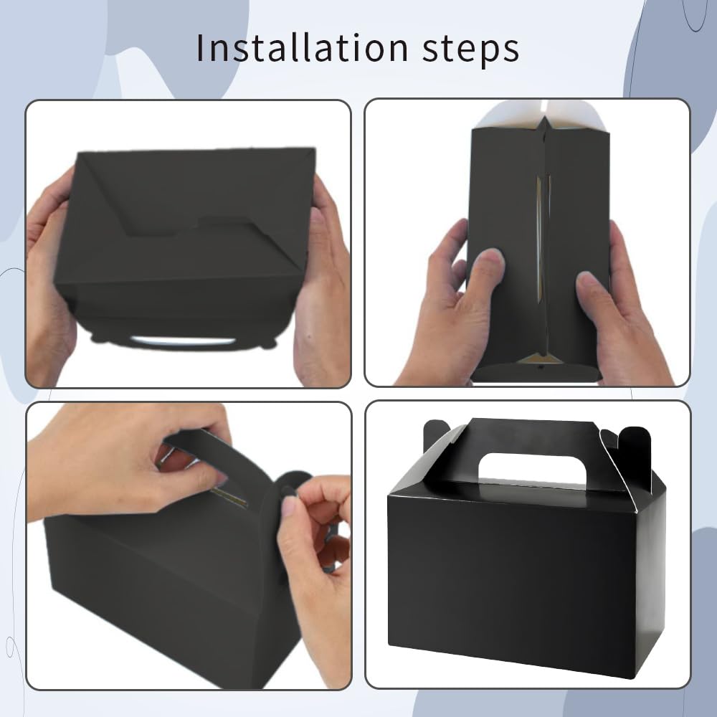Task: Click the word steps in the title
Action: pyautogui.click(x=470, y=49)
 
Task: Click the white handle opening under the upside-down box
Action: pyautogui.click(x=183, y=341)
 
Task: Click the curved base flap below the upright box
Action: pyautogui.click(x=536, y=373)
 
